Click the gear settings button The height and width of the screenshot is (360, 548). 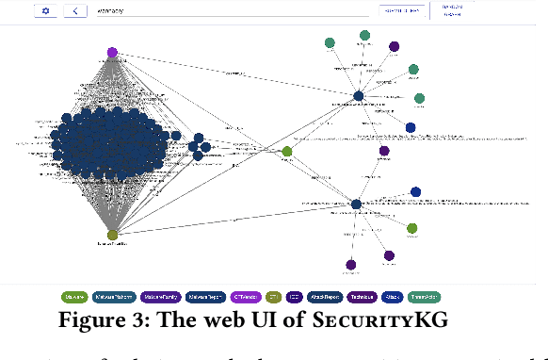click(x=45, y=11)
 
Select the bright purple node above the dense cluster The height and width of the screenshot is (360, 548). click(x=112, y=53)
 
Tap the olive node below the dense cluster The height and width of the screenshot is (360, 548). click(x=112, y=235)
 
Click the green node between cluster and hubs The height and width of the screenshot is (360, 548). click(x=287, y=151)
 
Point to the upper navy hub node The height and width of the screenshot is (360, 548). click(x=359, y=96)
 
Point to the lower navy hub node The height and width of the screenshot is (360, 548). click(x=356, y=204)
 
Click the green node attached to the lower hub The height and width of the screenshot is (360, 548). click(x=411, y=228)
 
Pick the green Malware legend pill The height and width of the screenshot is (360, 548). click(x=74, y=296)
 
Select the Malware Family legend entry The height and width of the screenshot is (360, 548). click(x=162, y=296)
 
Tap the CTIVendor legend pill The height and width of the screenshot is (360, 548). click(x=248, y=296)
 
